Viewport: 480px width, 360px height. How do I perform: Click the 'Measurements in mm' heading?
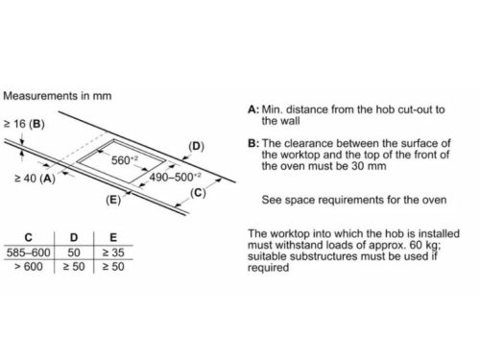58,96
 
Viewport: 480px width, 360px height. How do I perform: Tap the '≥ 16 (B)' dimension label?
24,124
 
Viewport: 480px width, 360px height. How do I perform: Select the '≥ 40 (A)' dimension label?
35,179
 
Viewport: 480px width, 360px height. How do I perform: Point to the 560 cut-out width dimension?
125,160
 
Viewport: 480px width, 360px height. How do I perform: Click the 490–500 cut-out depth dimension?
175,177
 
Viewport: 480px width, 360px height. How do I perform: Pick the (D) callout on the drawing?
196,146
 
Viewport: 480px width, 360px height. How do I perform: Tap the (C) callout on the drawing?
198,193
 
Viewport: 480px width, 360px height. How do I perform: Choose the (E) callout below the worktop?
113,200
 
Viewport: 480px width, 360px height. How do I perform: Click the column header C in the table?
29,237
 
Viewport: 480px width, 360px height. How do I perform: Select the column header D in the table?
74,237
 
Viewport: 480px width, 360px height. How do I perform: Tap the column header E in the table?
113,237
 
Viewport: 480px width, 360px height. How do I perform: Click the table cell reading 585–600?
29,252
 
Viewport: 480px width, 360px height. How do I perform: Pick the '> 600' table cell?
29,267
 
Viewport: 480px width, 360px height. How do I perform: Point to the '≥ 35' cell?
113,252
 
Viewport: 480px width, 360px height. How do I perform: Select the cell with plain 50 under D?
74,252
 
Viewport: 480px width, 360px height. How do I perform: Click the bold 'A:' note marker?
253,109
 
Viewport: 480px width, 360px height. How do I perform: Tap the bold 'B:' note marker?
253,143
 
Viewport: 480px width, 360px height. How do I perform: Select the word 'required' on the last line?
268,268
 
